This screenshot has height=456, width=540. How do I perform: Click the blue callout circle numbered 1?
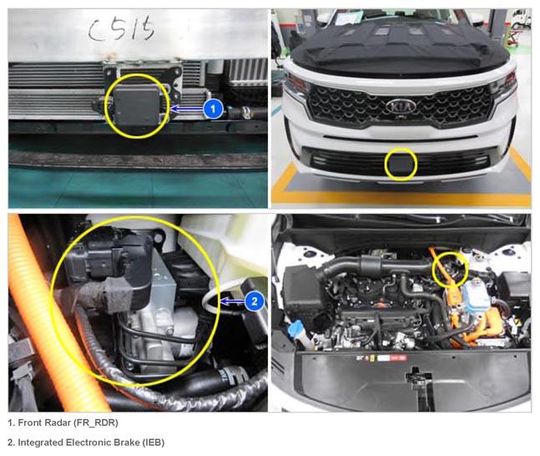click(213, 109)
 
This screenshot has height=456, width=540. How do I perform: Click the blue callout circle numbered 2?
click(255, 301)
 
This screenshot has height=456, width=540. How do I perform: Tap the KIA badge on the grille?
click(401, 107)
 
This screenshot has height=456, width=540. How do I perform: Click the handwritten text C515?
click(120, 29)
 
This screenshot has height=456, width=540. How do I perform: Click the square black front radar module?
click(136, 105)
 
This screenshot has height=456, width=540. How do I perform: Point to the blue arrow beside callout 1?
click(187, 109)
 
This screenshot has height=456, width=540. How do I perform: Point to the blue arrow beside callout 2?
click(233, 302)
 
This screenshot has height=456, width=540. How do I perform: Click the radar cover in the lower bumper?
click(401, 164)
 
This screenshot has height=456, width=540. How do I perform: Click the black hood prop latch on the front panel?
click(417, 382)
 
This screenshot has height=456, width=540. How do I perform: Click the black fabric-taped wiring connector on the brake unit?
click(103, 295)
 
